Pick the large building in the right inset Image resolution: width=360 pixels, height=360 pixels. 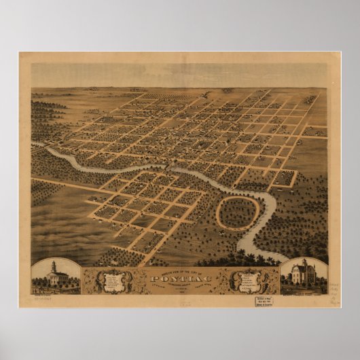[304, 274]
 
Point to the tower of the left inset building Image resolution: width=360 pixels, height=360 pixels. [53, 266]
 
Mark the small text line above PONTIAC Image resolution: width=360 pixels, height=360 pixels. [180, 269]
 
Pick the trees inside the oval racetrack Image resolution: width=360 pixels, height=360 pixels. [238, 212]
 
